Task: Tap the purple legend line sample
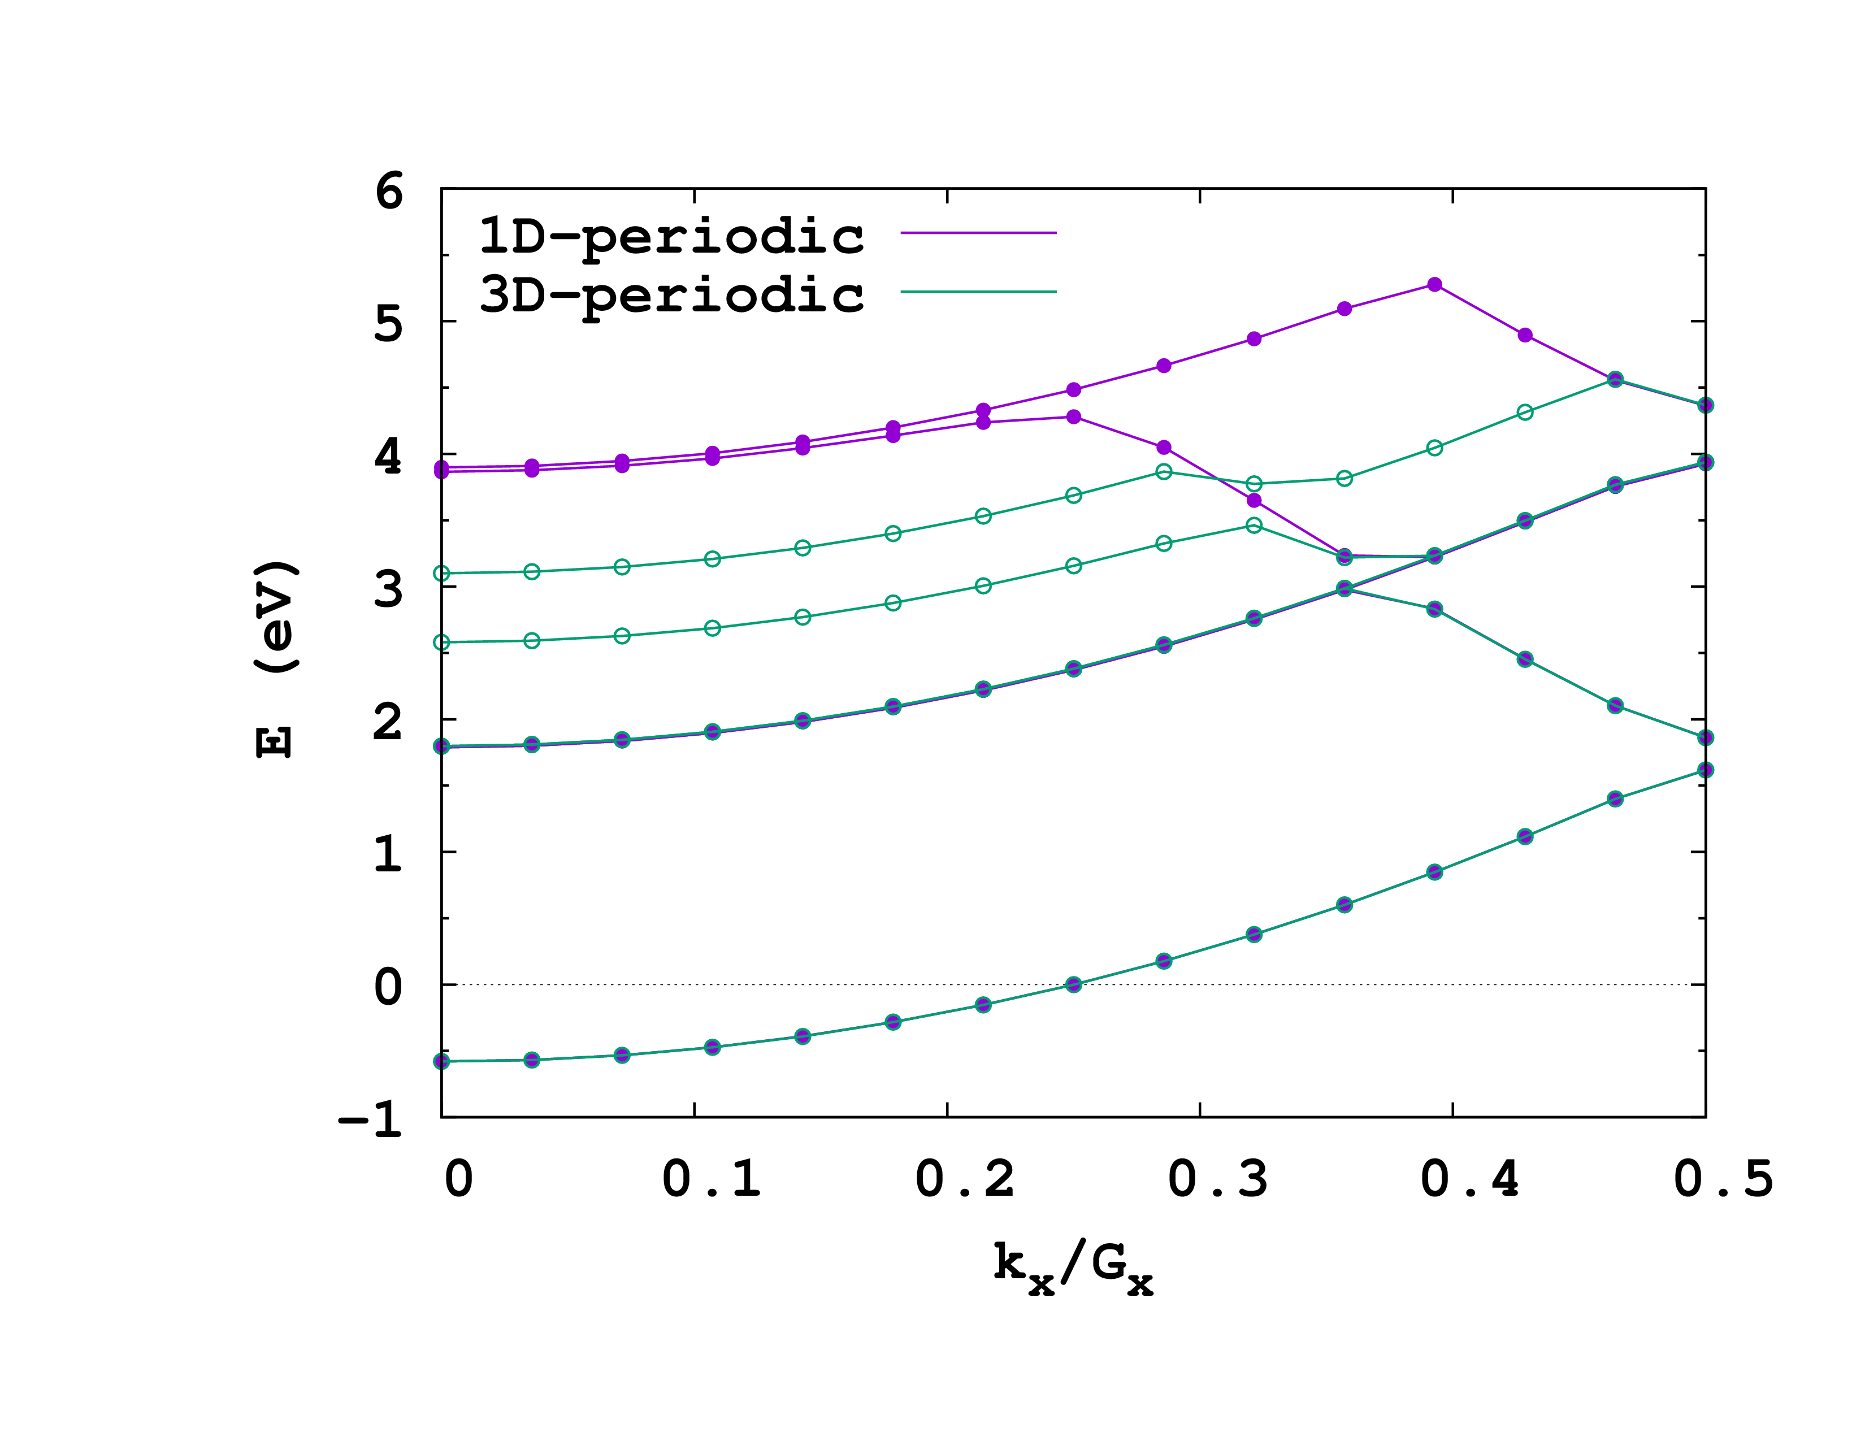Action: tap(979, 232)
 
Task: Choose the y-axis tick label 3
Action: tap(389, 589)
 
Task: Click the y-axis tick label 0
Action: tap(389, 987)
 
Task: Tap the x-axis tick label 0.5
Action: tap(1723, 1179)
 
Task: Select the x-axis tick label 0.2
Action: tap(965, 1179)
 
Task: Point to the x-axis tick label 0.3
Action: tap(1218, 1179)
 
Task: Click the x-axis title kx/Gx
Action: tap(1073, 1269)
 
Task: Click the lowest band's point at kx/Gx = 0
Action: tap(441, 1061)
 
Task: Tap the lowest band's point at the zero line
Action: tap(1073, 984)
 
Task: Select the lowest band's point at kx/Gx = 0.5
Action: tap(1705, 770)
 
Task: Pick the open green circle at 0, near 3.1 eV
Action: tap(441, 574)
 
